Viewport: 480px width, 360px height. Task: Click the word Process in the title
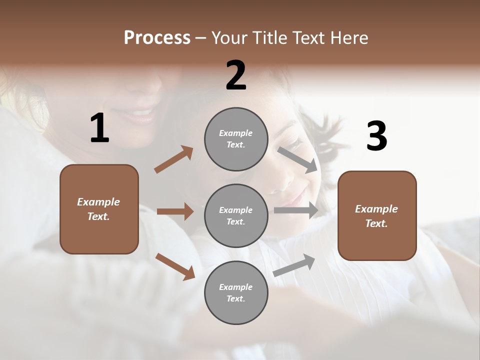click(x=157, y=37)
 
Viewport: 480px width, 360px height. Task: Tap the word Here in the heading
click(x=348, y=37)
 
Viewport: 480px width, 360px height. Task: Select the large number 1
click(x=99, y=128)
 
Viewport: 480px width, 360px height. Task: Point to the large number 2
click(x=236, y=75)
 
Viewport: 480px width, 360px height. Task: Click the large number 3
click(x=376, y=136)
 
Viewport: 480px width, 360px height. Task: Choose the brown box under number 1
click(x=99, y=209)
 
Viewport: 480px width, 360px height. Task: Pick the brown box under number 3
click(x=377, y=215)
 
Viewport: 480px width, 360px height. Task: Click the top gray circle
click(x=236, y=139)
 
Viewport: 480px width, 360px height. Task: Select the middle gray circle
click(x=236, y=215)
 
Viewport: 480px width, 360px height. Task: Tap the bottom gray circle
click(x=236, y=292)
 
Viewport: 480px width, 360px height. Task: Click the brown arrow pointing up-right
click(x=173, y=159)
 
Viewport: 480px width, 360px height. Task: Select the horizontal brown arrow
click(x=175, y=211)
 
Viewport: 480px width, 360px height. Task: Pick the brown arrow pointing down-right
click(x=175, y=266)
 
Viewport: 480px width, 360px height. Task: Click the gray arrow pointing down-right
click(x=297, y=159)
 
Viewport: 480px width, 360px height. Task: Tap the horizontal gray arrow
click(x=296, y=210)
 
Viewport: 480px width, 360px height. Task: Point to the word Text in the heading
click(x=308, y=37)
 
